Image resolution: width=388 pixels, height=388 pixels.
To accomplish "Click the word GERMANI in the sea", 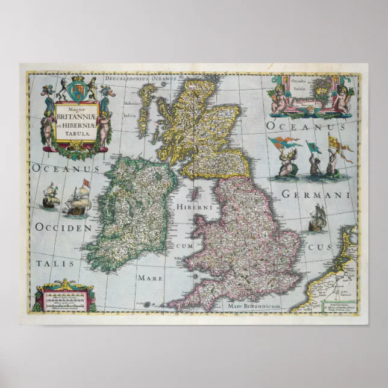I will (315, 196).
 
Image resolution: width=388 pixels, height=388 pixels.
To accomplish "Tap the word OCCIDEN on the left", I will (63, 228).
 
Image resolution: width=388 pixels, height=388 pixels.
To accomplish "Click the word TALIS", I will (54, 263).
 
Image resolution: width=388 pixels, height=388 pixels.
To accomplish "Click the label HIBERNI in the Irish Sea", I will (192, 207).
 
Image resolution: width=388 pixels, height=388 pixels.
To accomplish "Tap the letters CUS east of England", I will (315, 248).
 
